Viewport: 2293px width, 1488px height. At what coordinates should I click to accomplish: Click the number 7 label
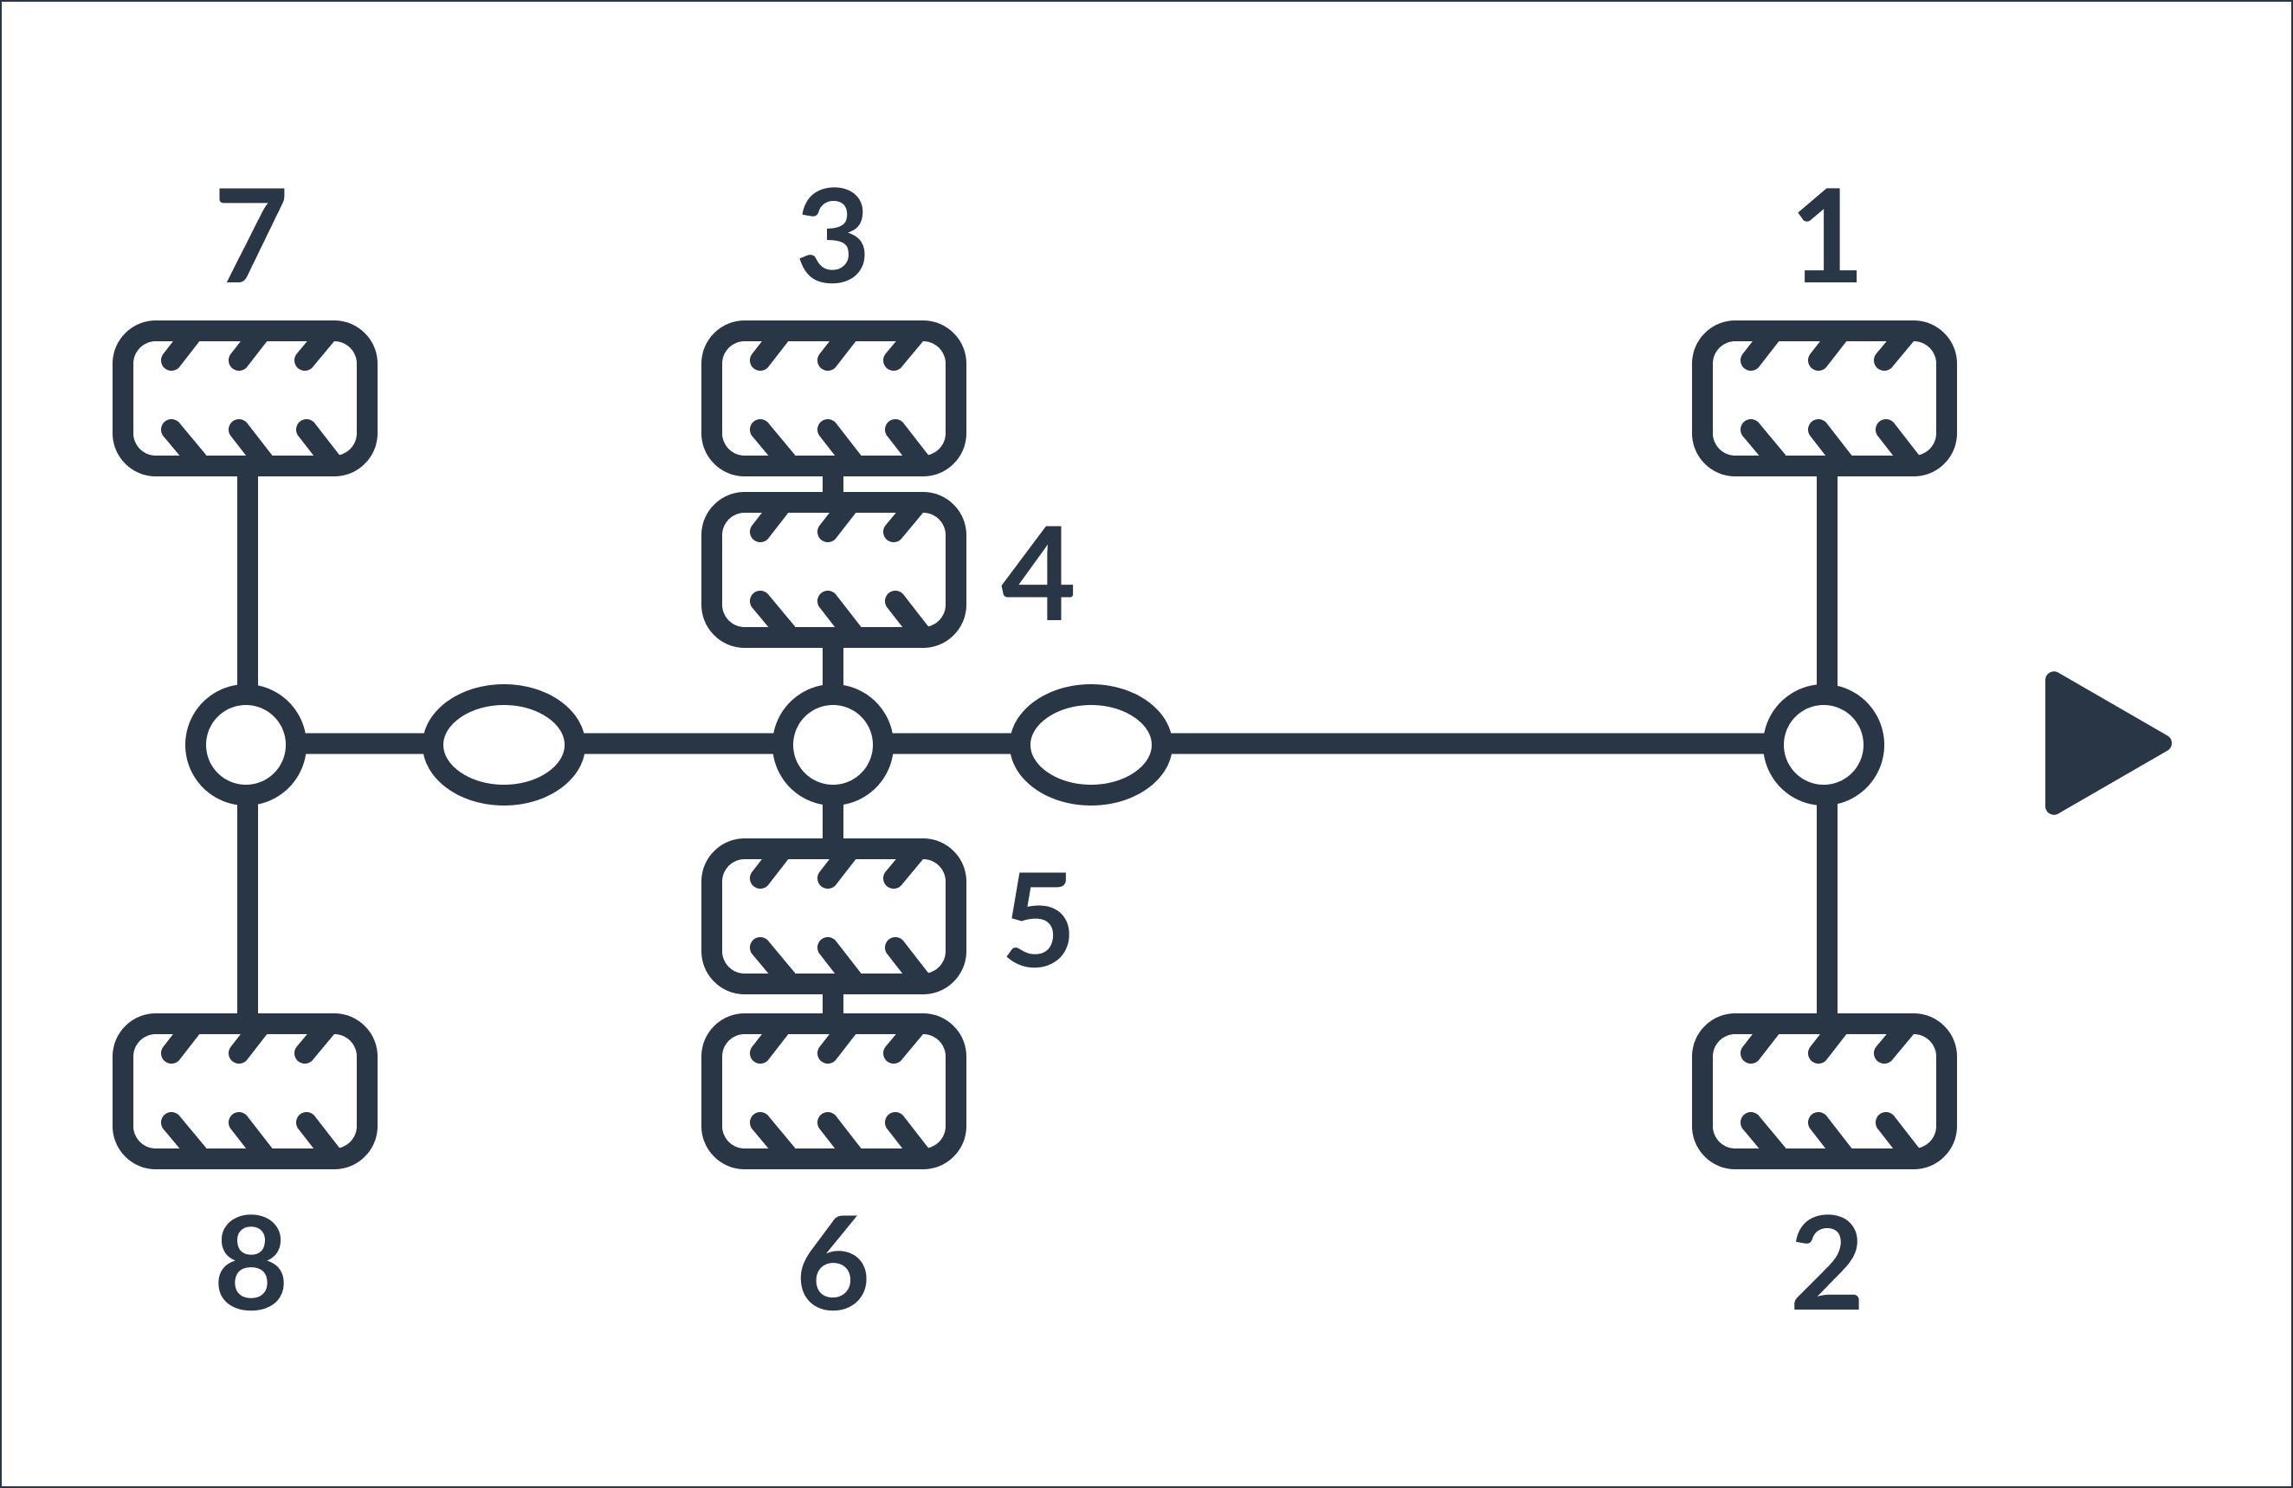(251, 235)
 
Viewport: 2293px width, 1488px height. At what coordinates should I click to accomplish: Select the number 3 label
(832, 235)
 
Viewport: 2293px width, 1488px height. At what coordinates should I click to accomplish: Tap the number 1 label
(1828, 235)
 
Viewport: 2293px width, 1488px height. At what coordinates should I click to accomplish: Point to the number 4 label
(1037, 573)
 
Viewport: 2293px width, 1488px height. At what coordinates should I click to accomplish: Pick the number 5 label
(1037, 921)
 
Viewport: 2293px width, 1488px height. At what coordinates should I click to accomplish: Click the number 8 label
(250, 1263)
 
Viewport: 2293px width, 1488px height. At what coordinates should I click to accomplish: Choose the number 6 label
(833, 1263)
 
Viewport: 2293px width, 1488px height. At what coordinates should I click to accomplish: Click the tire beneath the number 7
(245, 398)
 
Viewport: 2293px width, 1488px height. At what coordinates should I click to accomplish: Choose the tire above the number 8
(245, 1091)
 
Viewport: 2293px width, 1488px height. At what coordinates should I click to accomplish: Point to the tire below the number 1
(1825, 398)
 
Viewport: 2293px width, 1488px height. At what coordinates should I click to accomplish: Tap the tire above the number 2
(1825, 1091)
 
